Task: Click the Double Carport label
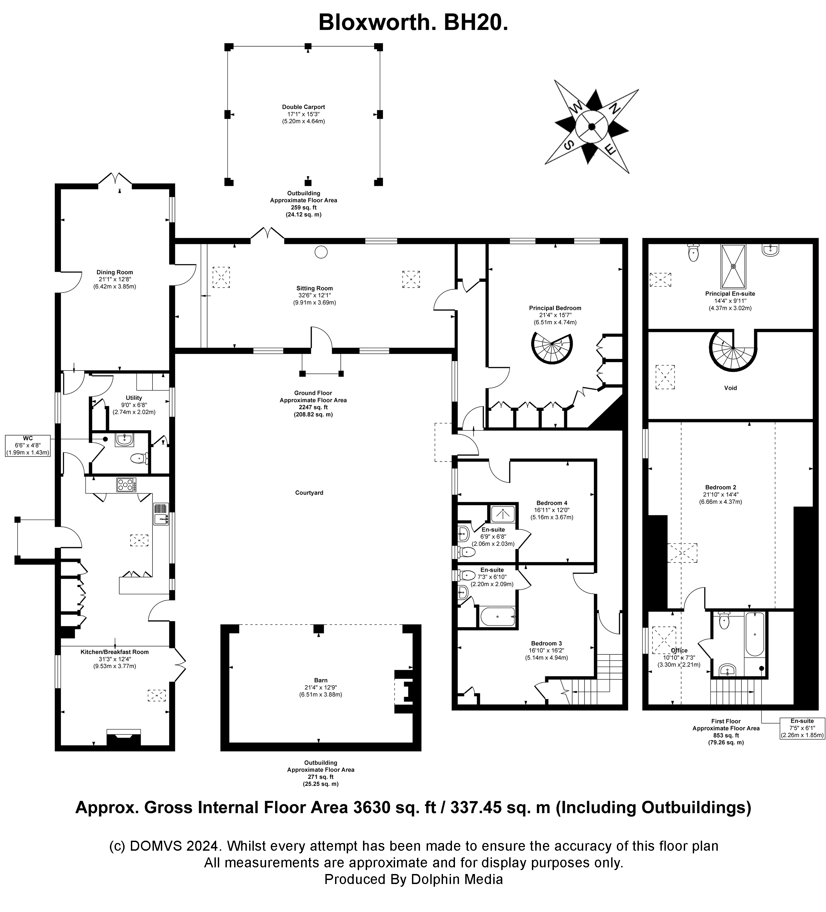303,107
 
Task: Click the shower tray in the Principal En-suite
733,266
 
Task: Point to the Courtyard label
309,492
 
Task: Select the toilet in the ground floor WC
138,459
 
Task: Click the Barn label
320,680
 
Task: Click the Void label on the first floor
730,388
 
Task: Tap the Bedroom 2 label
720,487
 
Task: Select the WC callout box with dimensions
28,446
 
